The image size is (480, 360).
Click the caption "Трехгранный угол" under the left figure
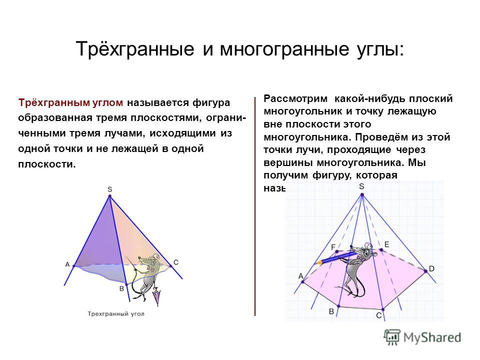[116, 313]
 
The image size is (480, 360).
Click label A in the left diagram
[67, 264]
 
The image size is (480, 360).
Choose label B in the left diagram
[121, 288]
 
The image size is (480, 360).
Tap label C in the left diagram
[176, 262]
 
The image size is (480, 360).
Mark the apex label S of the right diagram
[361, 186]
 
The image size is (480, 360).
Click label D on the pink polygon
[431, 268]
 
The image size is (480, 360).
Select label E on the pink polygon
[386, 244]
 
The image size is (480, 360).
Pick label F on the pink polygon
[333, 246]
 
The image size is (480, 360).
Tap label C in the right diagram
[378, 315]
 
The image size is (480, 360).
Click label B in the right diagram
[331, 311]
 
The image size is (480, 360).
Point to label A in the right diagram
[301, 275]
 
